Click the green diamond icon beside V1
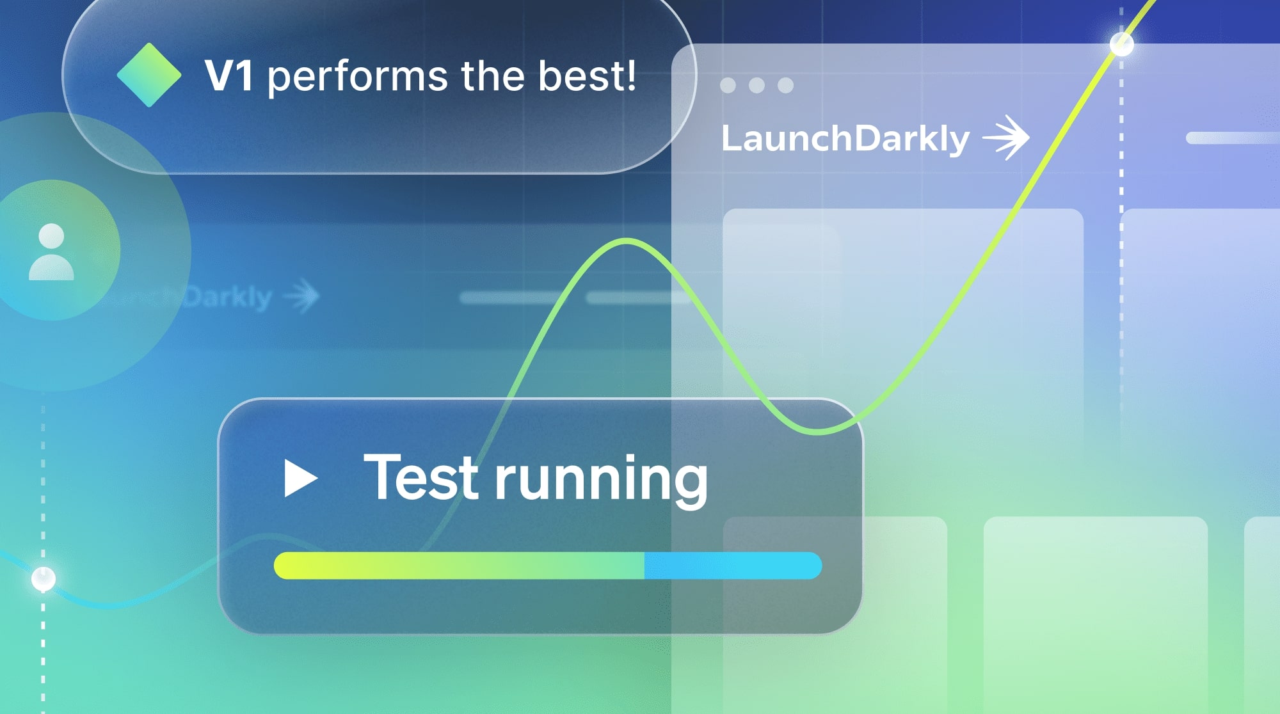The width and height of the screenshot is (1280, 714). (x=149, y=75)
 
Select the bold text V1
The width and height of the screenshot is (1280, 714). (x=228, y=76)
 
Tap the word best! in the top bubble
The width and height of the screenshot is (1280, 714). (x=587, y=75)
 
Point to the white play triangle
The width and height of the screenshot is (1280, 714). (x=300, y=478)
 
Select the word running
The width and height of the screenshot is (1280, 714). (x=602, y=480)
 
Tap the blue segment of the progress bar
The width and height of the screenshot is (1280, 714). (x=733, y=566)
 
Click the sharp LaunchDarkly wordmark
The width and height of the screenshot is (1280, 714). (x=845, y=139)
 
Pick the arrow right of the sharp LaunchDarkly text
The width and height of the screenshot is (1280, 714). (x=1007, y=137)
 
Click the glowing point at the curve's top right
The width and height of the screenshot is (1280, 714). (x=1121, y=44)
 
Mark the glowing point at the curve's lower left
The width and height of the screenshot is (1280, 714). (x=44, y=578)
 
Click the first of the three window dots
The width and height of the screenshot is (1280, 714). (x=728, y=85)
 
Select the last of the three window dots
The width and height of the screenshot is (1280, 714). (x=785, y=85)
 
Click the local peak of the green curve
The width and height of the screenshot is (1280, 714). (x=626, y=241)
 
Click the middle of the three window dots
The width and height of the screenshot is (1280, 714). (x=756, y=85)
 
